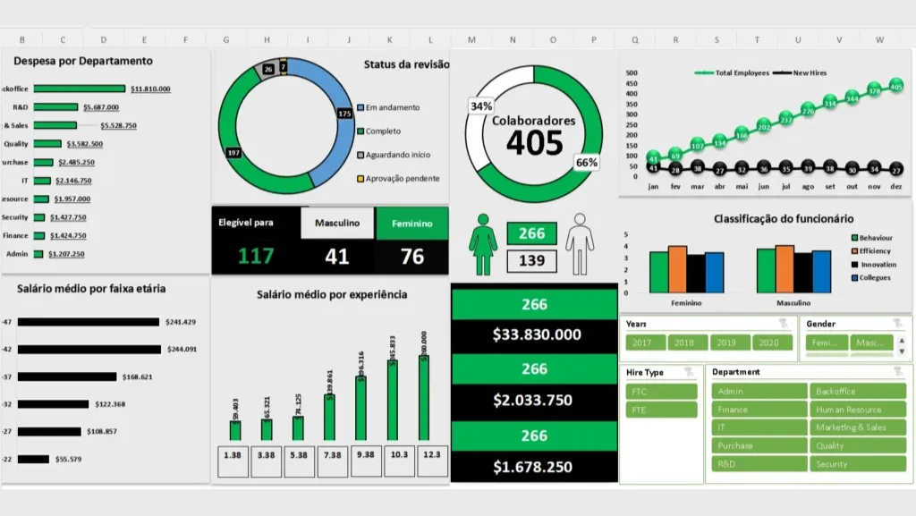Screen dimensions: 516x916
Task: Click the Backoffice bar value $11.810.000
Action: [x=150, y=89]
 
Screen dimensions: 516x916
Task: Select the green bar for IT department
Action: [x=39, y=181]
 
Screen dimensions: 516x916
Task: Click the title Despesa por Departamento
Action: [x=83, y=61]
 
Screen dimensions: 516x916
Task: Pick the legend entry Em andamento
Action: [x=392, y=107]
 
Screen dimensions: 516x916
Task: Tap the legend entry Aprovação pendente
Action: [x=402, y=178]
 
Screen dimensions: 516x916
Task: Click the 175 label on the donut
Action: [x=345, y=114]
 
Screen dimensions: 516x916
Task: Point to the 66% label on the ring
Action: [x=587, y=163]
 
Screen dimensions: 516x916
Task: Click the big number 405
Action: [x=535, y=143]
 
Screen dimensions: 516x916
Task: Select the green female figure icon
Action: [x=483, y=245]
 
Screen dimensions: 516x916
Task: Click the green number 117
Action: [x=256, y=257]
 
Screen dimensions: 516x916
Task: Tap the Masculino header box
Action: [x=336, y=224]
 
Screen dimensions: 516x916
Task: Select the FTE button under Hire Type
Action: [x=661, y=410]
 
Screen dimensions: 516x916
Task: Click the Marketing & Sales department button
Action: [x=857, y=427]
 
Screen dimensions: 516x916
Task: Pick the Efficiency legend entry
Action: [x=875, y=251]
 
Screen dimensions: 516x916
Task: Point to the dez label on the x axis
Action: [x=896, y=186]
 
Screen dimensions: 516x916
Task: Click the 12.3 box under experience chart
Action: [x=432, y=455]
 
